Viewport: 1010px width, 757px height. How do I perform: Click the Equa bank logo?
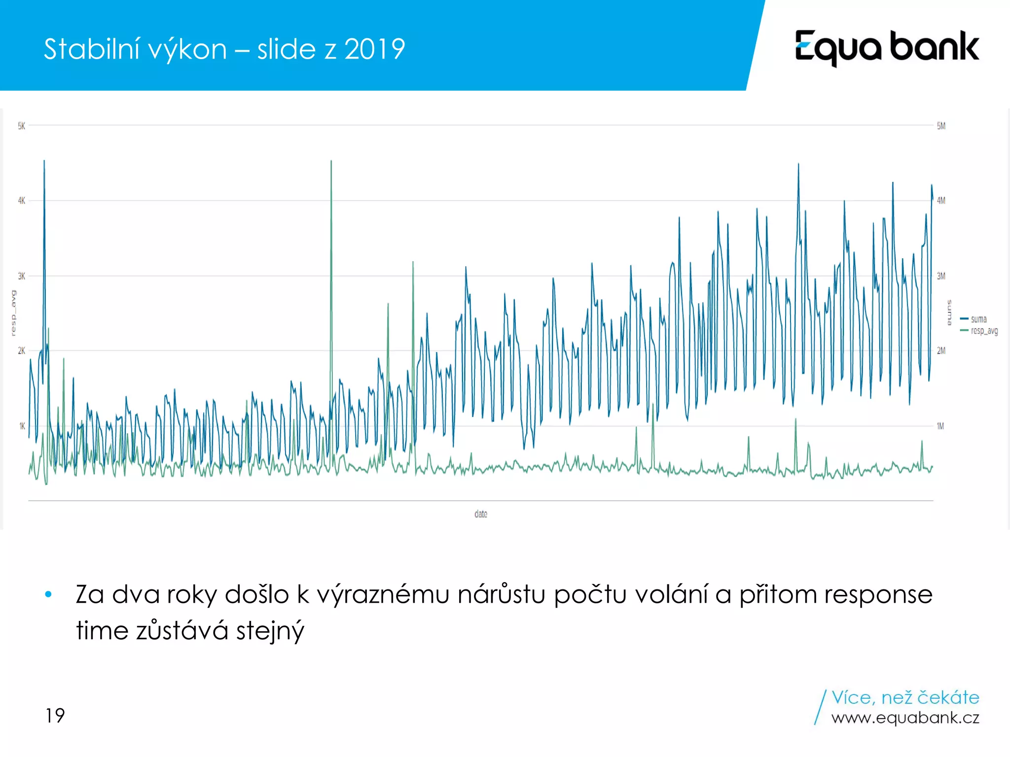point(886,47)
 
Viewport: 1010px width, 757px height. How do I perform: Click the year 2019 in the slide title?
point(374,49)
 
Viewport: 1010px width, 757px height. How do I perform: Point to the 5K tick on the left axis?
point(21,126)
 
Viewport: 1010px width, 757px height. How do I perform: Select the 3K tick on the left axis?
point(21,276)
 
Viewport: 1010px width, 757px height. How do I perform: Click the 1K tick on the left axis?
point(22,426)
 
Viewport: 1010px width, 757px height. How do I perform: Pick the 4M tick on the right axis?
point(941,201)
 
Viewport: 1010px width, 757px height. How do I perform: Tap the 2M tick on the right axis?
point(941,351)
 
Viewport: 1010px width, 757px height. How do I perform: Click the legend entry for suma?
point(978,319)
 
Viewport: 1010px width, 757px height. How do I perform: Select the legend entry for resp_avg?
point(984,331)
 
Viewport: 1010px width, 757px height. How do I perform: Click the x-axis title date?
point(481,514)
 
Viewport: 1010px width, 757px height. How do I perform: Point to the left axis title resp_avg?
point(13,313)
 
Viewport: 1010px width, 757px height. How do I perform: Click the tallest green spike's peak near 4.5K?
point(331,162)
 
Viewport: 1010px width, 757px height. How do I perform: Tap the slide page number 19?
point(55,716)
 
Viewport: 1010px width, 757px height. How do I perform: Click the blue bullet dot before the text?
point(48,594)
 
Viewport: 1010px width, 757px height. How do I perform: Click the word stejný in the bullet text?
point(270,631)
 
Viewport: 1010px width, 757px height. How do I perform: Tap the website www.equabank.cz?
point(905,718)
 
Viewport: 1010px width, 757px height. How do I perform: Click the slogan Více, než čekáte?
point(905,697)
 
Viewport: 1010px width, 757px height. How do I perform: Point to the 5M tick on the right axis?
point(941,126)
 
